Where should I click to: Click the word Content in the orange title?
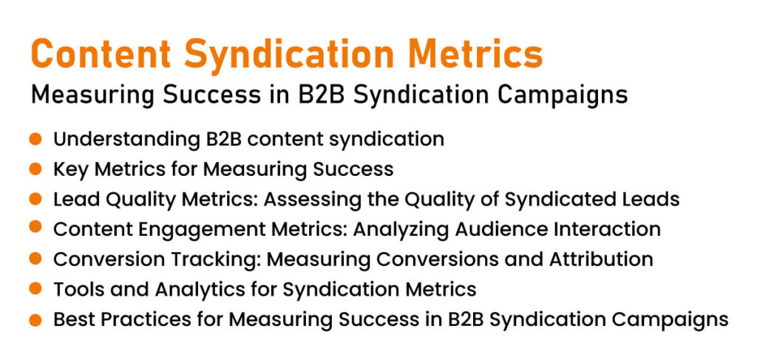101,54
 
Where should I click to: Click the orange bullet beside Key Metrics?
35,169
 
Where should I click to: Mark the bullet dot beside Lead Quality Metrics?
35,199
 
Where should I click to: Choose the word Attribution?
600,259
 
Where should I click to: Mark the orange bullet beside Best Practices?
35,319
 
